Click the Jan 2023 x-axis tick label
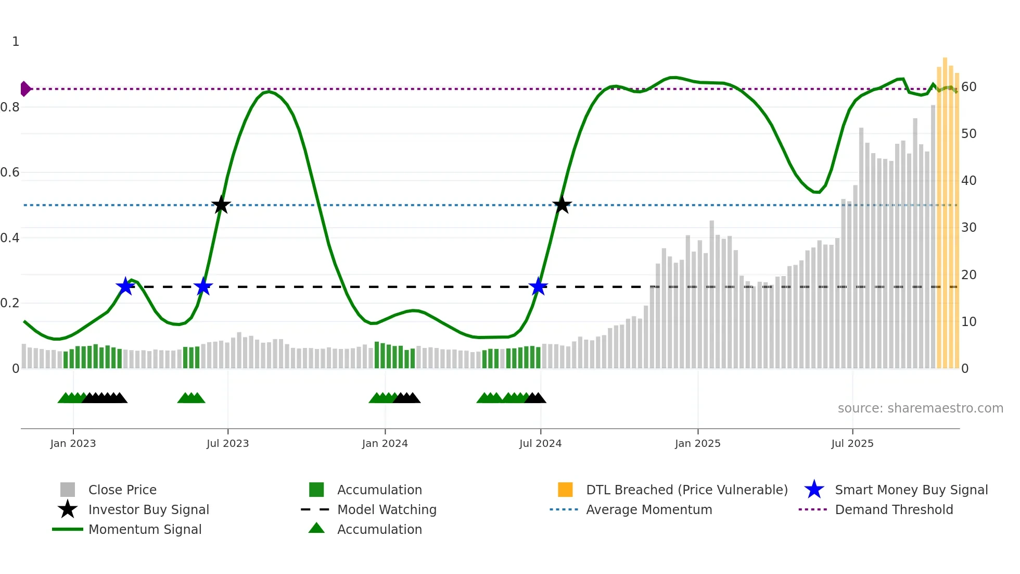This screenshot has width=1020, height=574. [x=73, y=443]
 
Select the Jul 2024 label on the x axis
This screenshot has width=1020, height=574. [x=540, y=443]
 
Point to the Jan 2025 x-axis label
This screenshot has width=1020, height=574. [x=697, y=443]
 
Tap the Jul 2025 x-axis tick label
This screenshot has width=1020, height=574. [x=852, y=443]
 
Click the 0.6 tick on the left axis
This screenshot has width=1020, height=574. [x=10, y=172]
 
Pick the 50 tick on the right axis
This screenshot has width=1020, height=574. [x=968, y=134]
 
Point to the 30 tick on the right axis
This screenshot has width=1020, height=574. [x=968, y=228]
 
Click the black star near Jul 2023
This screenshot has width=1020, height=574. [x=221, y=205]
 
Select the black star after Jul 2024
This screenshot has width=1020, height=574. [x=562, y=205]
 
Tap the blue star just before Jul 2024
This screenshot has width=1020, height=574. [x=538, y=286]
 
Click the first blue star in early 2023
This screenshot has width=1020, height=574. [x=125, y=286]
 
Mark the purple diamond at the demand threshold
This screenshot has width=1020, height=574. [x=25, y=89]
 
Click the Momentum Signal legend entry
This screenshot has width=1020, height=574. [x=145, y=529]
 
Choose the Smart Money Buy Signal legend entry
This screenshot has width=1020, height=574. [x=911, y=490]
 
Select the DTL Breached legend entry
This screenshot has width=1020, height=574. [x=686, y=490]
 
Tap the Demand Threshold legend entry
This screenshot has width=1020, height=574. [x=894, y=509]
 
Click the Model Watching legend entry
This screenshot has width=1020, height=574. [x=386, y=509]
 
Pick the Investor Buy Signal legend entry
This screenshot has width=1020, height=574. [x=148, y=509]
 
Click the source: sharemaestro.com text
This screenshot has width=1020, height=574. [x=920, y=408]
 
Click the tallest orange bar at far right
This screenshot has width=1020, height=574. [x=945, y=208]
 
